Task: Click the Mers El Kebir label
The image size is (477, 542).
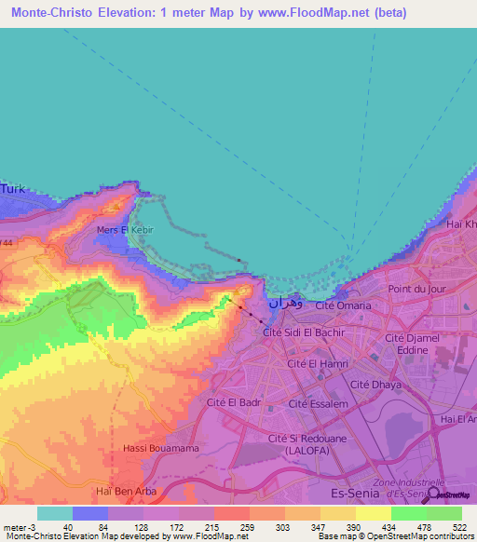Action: click(x=124, y=229)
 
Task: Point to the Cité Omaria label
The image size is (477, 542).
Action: click(x=343, y=305)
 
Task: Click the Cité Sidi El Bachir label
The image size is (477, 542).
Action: click(x=305, y=332)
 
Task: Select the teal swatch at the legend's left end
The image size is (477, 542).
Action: click(x=55, y=513)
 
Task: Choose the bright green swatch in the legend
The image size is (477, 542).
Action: click(x=409, y=513)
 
